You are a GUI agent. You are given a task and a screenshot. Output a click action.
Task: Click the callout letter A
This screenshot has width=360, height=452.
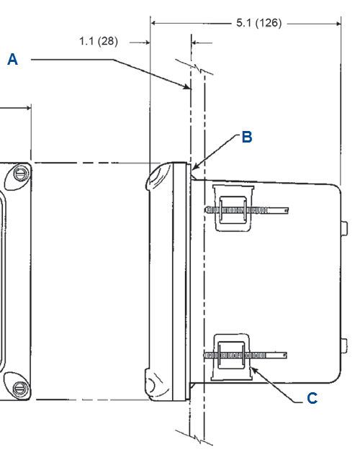[12, 60]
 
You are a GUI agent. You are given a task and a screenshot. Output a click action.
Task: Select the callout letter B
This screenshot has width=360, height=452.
[247, 137]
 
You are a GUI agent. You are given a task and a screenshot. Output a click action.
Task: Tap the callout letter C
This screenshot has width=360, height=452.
[312, 399]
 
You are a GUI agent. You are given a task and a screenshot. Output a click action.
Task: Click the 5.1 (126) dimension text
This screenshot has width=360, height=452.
[258, 23]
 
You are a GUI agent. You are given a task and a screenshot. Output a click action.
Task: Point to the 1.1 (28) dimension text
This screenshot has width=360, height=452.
[99, 41]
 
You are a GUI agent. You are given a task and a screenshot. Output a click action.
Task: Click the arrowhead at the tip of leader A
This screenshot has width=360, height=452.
[188, 87]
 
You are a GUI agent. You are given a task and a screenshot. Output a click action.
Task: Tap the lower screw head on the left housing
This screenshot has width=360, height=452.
[20, 388]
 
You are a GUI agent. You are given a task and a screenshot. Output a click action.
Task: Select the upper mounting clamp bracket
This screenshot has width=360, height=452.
[233, 208]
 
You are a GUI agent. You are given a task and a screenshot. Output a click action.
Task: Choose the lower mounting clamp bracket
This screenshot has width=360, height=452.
[231, 357]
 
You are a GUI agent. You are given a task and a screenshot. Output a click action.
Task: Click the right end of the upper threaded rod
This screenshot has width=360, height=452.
[287, 210]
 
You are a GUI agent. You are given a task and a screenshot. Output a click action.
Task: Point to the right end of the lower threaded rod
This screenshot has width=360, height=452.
[285, 355]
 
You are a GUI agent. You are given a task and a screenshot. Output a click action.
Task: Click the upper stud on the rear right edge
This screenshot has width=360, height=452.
[344, 229]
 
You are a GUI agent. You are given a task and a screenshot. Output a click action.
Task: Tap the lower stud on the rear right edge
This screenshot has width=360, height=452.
[344, 345]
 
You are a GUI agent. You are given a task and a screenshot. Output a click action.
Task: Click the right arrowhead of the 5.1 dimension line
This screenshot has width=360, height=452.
[338, 24]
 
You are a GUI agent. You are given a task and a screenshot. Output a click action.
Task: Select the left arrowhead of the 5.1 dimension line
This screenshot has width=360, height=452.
[154, 23]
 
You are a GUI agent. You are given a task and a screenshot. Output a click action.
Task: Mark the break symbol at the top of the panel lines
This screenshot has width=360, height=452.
[195, 68]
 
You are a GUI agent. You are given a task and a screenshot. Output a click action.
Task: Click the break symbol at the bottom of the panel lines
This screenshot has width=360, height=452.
[195, 438]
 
